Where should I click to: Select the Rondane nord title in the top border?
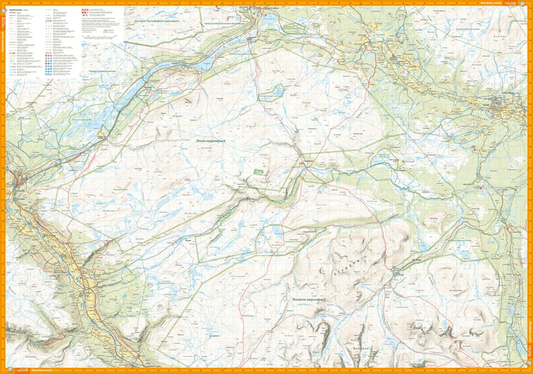click(492, 3)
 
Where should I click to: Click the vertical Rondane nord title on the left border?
click(3, 50)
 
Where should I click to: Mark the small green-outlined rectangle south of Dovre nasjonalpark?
click(258, 170)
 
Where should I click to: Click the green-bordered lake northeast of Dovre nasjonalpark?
click(272, 93)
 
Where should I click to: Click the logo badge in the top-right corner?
click(522, 3)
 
